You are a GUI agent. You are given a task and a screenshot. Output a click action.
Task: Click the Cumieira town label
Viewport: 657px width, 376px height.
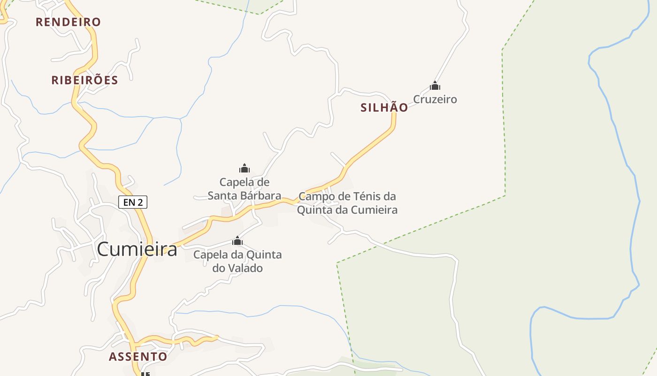[137, 250]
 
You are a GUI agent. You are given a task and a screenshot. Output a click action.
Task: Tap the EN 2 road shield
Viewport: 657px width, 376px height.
[133, 202]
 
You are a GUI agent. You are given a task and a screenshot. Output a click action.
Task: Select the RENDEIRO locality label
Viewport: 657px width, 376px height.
[69, 22]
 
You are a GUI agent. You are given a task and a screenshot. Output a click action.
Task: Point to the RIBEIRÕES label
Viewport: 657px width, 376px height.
[84, 80]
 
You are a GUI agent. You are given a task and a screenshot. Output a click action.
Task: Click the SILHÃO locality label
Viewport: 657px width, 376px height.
[384, 108]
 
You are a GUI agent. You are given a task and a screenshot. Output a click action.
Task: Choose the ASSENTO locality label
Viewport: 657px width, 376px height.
[138, 357]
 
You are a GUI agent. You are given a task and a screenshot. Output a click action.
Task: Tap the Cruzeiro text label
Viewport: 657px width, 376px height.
[435, 99]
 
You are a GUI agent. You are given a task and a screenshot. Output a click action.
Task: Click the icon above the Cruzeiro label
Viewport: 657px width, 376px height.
[435, 86]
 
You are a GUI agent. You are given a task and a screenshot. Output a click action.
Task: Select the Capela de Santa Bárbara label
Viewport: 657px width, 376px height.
[244, 189]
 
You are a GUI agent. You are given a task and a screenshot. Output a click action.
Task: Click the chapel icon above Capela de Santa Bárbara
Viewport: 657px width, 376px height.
[244, 168]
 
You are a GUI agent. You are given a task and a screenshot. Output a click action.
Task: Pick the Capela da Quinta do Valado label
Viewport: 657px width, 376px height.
[237, 261]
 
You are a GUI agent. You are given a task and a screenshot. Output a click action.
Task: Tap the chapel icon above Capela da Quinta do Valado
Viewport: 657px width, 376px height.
[237, 242]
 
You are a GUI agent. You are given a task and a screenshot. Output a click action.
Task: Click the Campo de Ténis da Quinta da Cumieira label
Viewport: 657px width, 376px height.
[347, 203]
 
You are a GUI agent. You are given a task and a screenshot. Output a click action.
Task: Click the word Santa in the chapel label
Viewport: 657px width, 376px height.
[222, 196]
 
